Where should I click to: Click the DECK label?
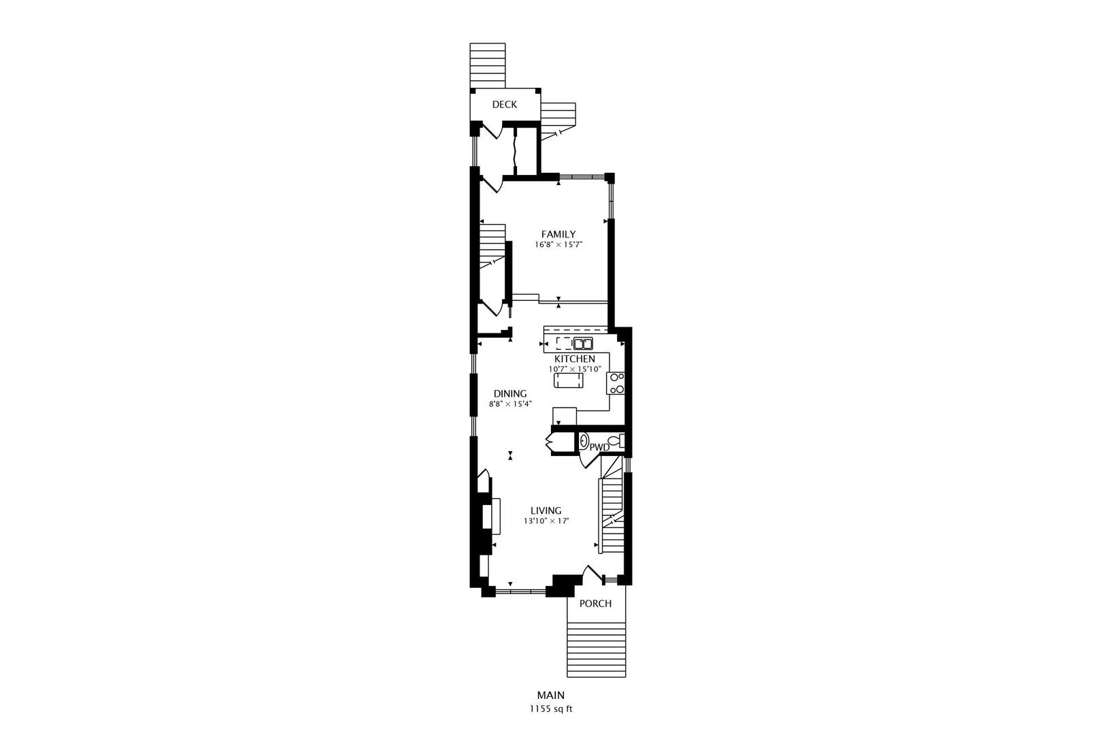[505, 104]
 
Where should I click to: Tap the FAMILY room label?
[558, 234]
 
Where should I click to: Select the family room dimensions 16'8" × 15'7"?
[558, 244]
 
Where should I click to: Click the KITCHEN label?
[575, 359]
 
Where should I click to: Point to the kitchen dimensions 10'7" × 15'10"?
[575, 369]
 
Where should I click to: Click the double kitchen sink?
[583, 343]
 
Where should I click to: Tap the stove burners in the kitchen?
[617, 383]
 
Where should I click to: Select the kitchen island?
[569, 380]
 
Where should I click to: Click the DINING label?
[510, 393]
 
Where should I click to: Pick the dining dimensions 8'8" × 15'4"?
[510, 404]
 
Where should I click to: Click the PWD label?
[599, 447]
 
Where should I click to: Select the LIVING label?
[546, 510]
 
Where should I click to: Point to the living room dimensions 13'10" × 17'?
[546, 521]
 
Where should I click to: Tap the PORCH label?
[595, 604]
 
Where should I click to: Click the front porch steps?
[597, 650]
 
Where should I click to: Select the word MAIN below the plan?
[551, 696]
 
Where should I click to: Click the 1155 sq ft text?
[551, 708]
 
